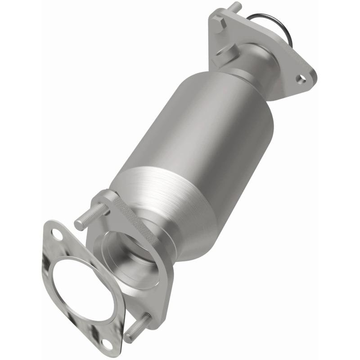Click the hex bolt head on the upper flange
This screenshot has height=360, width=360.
point(219,23)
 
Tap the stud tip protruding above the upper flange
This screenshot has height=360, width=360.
point(236,6)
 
